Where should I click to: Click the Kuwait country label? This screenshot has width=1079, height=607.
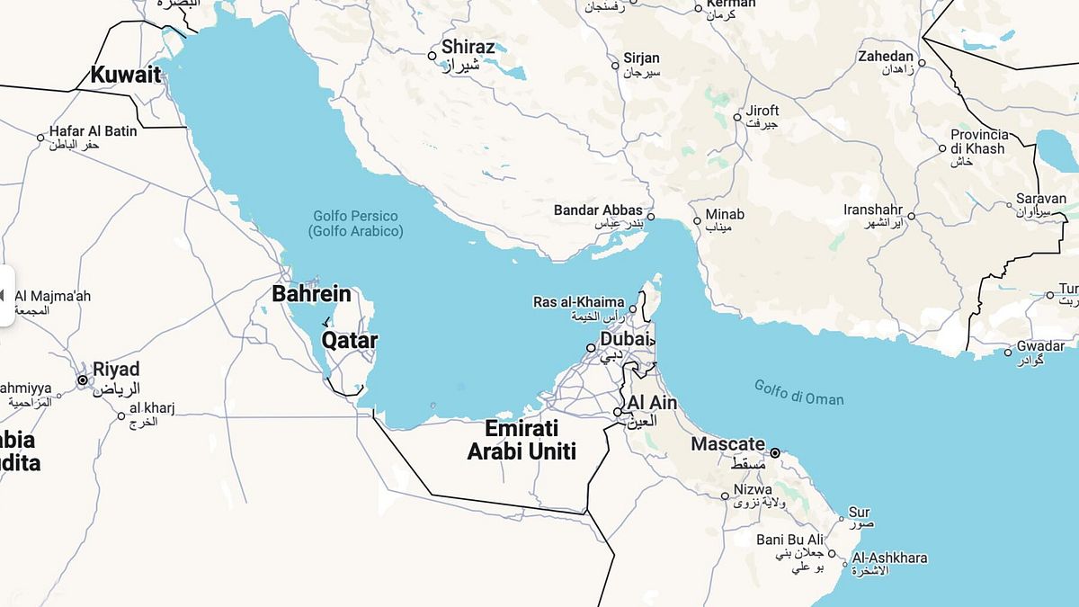click(125, 75)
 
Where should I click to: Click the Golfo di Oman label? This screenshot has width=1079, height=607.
click(799, 393)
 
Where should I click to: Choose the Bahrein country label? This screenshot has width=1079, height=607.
click(311, 293)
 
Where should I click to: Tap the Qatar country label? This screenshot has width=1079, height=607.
click(350, 341)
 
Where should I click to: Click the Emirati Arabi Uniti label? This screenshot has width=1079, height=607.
click(522, 440)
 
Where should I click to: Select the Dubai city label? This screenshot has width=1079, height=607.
click(624, 340)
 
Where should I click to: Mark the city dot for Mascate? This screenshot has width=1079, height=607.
click(775, 453)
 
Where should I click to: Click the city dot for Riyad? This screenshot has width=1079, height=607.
click(83, 380)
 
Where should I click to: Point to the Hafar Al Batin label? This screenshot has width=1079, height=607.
click(94, 131)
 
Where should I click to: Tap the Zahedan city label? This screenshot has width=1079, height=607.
click(886, 57)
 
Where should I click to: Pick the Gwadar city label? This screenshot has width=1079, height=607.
click(1040, 346)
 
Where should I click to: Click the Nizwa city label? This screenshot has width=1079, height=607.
click(753, 490)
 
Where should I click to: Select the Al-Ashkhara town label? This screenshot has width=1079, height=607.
click(889, 558)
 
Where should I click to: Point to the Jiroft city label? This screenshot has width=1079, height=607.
click(762, 111)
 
